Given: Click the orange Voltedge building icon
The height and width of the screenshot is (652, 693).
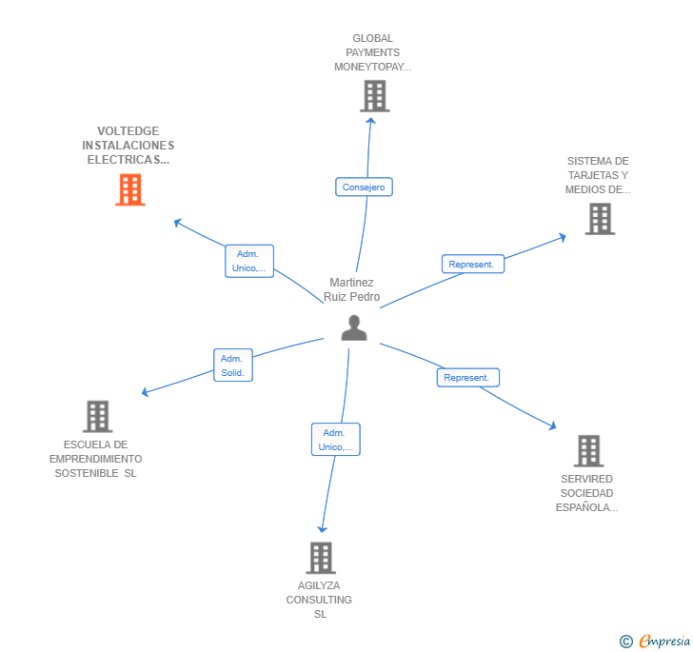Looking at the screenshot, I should click(130, 190).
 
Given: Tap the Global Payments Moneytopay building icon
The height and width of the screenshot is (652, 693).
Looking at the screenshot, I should click(375, 96).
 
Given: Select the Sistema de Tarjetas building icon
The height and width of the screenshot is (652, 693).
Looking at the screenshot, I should click(600, 219).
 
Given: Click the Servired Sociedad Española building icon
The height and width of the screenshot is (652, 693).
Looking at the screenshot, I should click(588, 450).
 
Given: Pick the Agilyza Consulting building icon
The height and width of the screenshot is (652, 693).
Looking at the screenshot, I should click(321, 558).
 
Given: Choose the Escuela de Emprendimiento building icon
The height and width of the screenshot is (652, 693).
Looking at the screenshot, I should click(97, 416).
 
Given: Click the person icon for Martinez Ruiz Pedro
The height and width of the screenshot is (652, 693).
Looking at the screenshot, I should click(354, 327).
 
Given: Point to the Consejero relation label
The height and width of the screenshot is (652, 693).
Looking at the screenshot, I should click(364, 188).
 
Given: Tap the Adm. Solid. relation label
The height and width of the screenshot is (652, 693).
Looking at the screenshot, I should click(233, 366).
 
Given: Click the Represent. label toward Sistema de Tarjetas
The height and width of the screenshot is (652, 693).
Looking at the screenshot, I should click(472, 265).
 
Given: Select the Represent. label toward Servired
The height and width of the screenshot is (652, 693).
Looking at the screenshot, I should click(467, 378).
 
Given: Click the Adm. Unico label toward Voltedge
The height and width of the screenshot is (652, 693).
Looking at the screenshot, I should click(249, 261).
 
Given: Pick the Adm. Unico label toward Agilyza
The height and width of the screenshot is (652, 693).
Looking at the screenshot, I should click(335, 440).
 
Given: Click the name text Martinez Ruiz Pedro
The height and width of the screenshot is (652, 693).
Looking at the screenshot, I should click(352, 289).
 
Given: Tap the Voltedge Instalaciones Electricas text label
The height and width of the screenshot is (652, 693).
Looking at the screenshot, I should click(129, 146).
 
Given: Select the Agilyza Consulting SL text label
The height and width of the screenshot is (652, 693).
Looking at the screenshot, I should click(319, 600).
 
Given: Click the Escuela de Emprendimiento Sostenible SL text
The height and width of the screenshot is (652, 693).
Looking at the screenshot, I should click(96, 459).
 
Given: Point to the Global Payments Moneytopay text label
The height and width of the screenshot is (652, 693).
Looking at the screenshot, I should click(372, 53).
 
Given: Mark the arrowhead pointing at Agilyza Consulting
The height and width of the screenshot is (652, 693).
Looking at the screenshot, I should click(323, 528).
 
